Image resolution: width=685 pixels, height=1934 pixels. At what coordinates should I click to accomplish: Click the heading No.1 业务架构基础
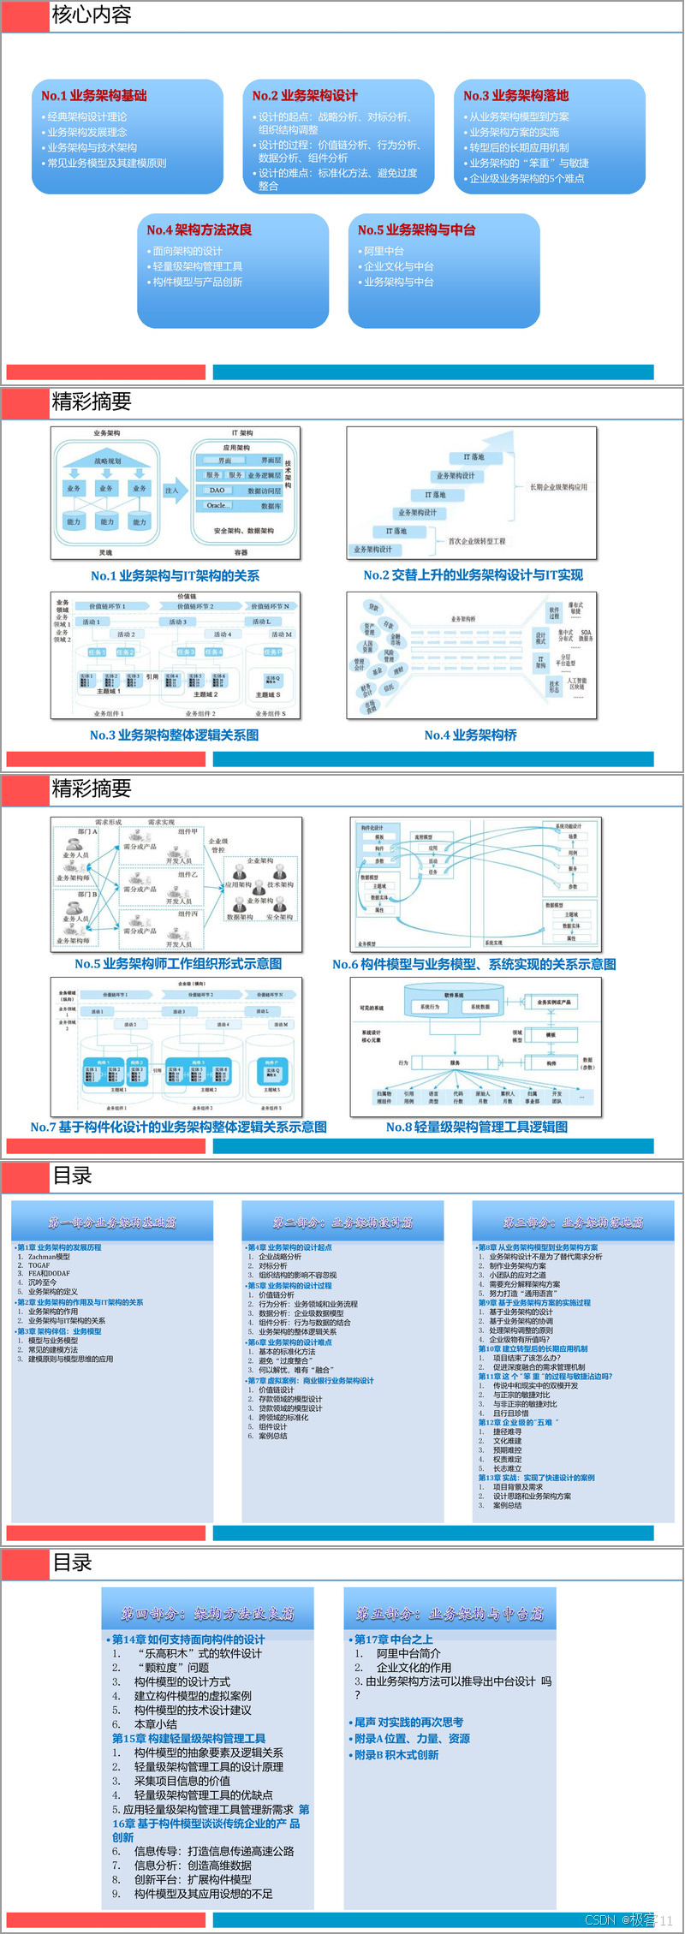(94, 96)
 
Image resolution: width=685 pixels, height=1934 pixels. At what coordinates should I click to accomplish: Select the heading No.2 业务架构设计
(305, 96)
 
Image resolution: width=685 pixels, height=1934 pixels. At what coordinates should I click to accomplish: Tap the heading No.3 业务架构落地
(515, 96)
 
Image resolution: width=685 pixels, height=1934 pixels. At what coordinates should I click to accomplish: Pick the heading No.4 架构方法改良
(199, 229)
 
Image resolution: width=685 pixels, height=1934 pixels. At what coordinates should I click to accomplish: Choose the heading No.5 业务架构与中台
(416, 229)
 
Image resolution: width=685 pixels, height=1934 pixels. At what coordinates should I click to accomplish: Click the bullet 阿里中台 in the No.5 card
(384, 251)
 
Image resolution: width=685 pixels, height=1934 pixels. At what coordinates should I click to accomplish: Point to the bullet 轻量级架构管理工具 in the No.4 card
(197, 266)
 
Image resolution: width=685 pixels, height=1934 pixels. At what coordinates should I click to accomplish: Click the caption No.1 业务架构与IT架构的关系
(175, 576)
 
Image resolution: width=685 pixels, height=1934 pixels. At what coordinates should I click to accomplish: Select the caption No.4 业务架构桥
(470, 735)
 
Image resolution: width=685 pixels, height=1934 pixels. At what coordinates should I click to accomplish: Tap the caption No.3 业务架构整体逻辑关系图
(174, 735)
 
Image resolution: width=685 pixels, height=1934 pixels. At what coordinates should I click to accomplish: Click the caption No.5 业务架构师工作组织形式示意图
(178, 964)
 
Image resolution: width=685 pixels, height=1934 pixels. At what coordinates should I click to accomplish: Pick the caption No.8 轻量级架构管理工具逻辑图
(476, 1128)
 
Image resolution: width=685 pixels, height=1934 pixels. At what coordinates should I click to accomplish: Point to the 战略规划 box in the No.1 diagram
(107, 461)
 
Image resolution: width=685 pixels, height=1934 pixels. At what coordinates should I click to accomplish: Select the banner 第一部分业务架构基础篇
(112, 1223)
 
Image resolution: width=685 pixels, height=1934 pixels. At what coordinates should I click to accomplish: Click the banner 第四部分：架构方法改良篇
(207, 1614)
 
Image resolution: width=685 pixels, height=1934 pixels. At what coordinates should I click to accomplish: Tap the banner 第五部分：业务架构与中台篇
(450, 1614)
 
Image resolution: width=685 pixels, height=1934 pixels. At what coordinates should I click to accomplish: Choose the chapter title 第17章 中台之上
(393, 1639)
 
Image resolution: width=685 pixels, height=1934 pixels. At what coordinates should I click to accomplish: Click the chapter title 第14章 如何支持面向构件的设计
(188, 1639)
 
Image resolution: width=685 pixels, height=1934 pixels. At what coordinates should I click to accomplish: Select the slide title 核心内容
(92, 15)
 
